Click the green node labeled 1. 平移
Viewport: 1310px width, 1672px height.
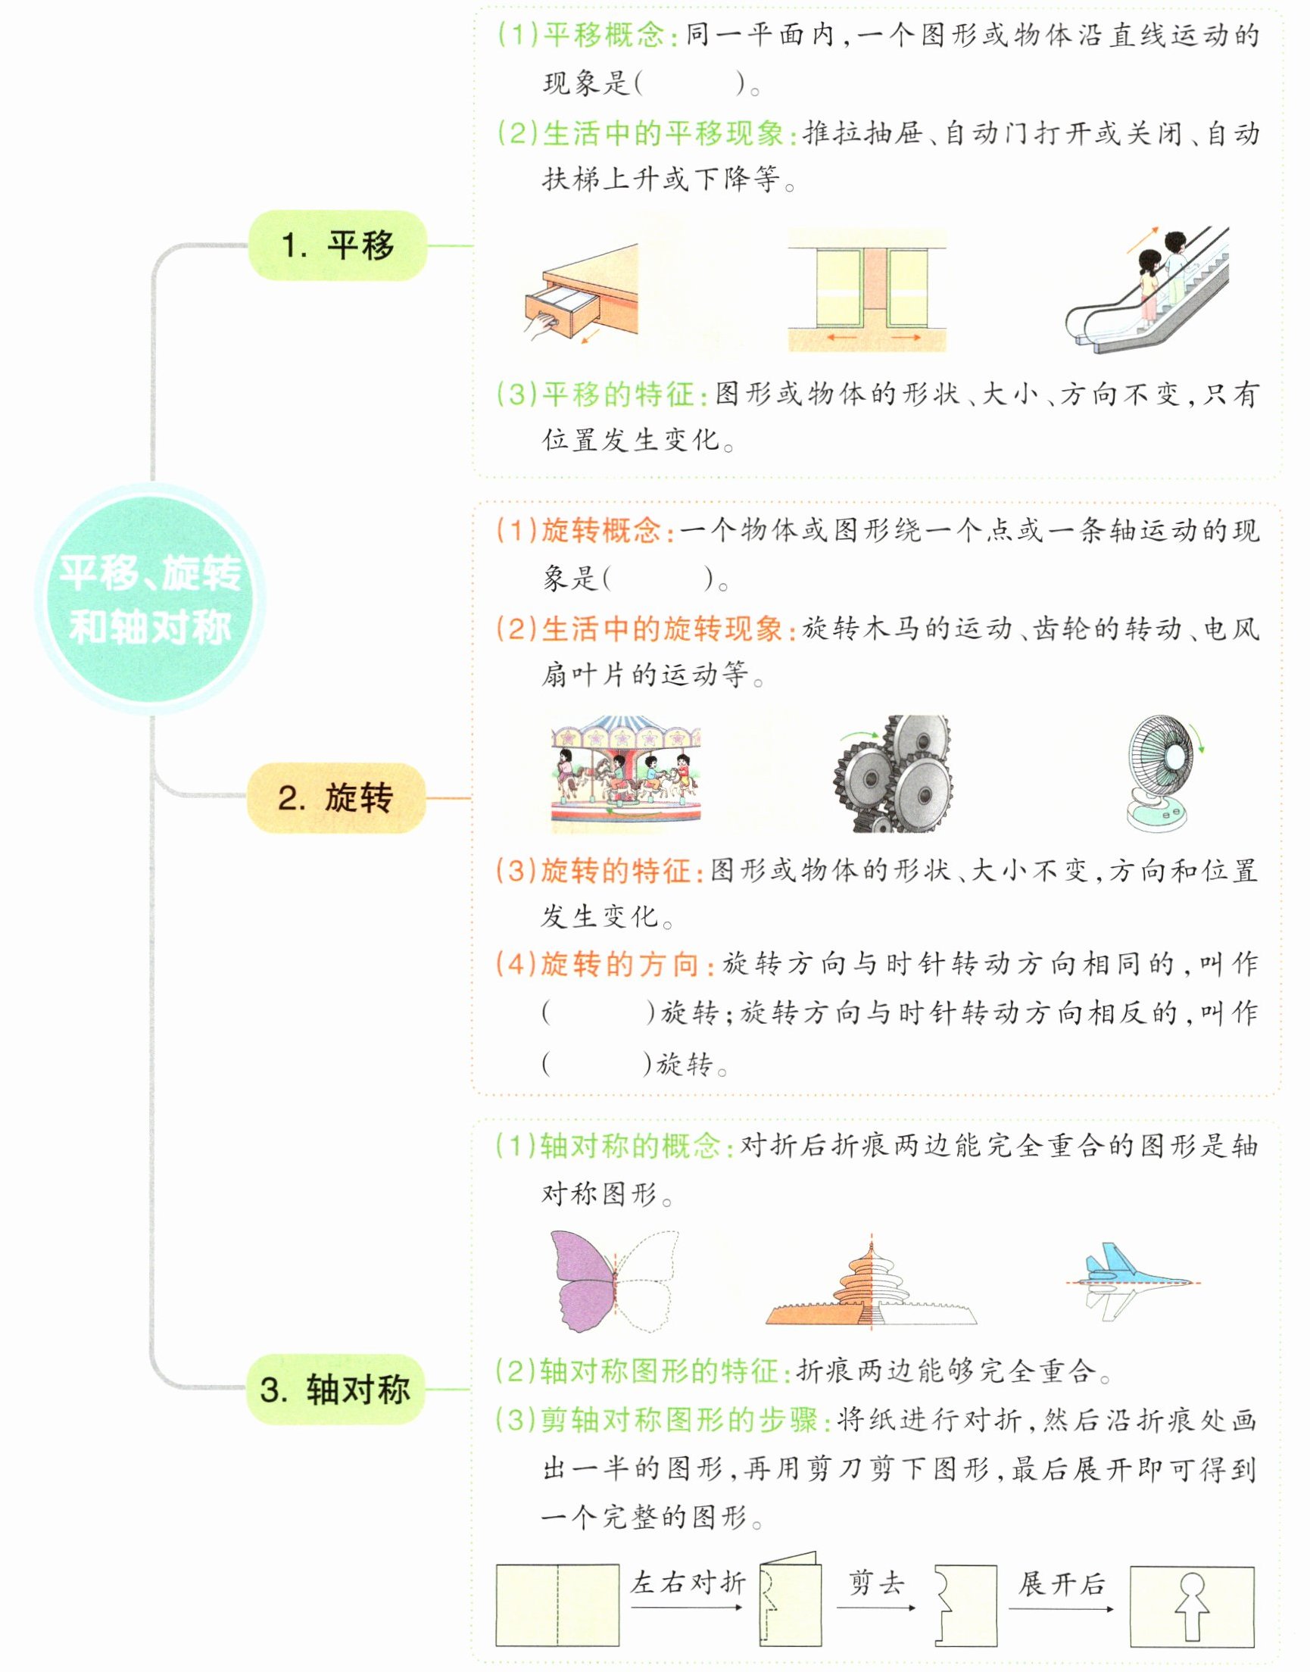pos(337,245)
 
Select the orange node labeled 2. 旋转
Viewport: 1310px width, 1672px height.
pos(335,797)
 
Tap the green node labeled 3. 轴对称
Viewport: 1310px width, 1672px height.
pos(335,1389)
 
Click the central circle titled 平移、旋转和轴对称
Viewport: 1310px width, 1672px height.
pos(151,599)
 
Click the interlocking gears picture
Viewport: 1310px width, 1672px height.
pos(894,775)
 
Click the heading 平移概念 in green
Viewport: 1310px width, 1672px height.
pos(603,36)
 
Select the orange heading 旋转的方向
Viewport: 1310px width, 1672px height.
pos(619,964)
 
